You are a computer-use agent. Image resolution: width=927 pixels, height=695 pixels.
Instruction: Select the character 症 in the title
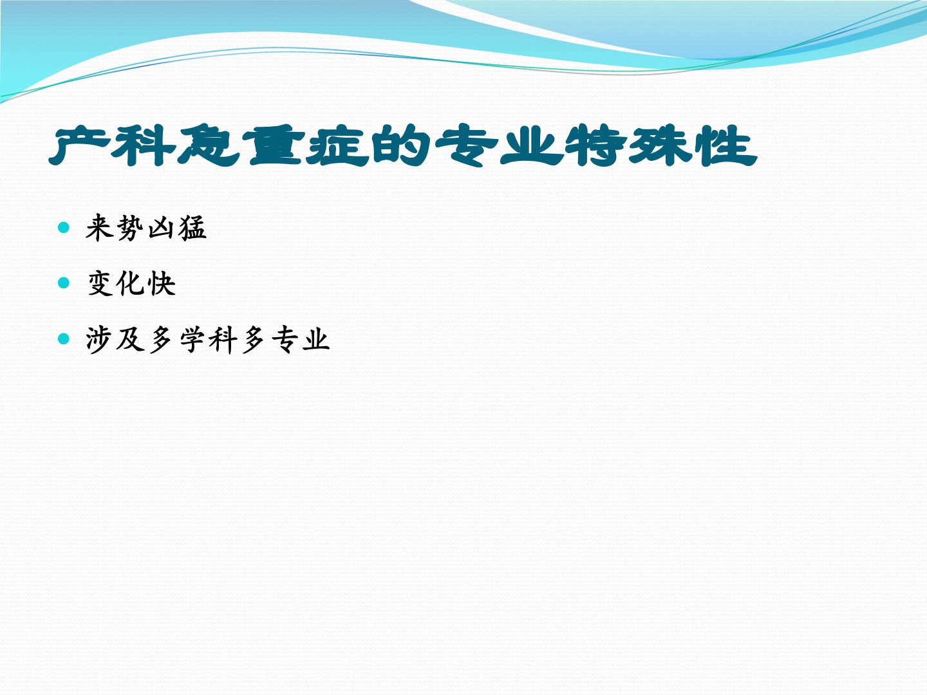337,145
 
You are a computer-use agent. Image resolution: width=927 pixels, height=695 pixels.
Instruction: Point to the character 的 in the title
401,145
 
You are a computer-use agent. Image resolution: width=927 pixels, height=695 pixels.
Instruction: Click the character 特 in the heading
595,145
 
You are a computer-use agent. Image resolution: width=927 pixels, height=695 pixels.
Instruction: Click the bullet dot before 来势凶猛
63,227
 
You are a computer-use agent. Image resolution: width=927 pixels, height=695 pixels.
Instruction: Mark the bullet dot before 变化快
63,283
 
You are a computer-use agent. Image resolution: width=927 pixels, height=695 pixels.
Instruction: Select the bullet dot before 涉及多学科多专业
63,338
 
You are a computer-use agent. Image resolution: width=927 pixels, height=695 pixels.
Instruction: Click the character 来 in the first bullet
100,228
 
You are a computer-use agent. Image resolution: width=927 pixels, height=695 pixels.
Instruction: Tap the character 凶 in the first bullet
162,228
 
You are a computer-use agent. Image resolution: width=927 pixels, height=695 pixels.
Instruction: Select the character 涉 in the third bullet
100,339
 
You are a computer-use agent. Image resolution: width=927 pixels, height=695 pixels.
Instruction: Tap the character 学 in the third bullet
192,339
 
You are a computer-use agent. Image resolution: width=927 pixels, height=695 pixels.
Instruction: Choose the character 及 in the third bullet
131,339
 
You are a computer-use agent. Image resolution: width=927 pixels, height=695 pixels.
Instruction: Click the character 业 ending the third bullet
315,339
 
